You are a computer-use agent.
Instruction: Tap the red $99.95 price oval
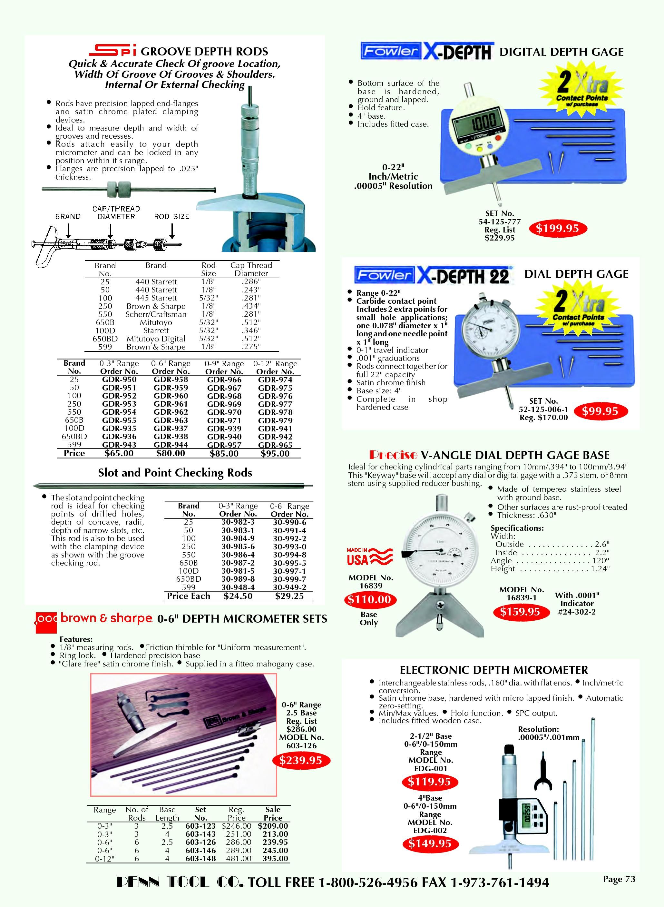point(600,411)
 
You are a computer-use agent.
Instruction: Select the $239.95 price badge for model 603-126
point(301,760)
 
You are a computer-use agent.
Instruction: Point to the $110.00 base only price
point(369,599)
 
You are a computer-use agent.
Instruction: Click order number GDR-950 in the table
point(119,380)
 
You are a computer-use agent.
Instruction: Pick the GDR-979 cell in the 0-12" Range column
point(275,420)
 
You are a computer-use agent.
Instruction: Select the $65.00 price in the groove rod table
point(119,453)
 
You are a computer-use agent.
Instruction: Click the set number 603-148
point(200,858)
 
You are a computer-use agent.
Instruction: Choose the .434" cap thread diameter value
point(251,306)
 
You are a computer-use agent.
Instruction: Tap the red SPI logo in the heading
point(112,50)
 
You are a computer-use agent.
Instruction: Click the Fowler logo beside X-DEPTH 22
point(384,275)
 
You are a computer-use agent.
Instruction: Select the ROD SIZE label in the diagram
point(171,216)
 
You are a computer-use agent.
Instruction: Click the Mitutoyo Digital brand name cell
point(156,339)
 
